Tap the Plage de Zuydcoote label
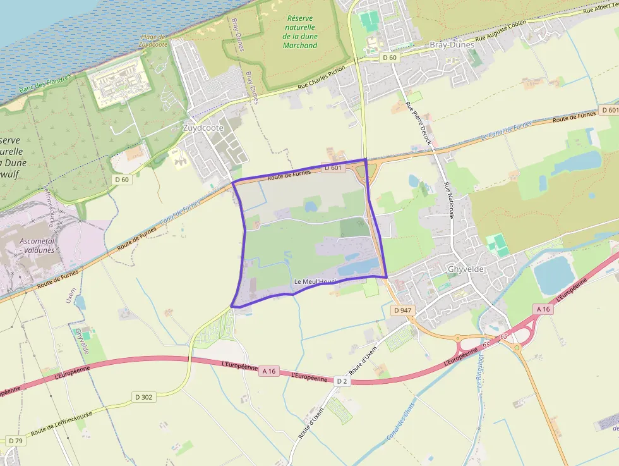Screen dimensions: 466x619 (x=153, y=42)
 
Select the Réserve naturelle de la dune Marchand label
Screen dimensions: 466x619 (x=300, y=32)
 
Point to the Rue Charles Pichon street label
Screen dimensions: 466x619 (x=320, y=75)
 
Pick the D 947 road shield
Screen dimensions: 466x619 (x=402, y=310)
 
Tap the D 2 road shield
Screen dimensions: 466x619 (x=342, y=381)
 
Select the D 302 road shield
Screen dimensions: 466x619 (x=144, y=397)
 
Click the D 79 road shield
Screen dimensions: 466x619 (x=15, y=440)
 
